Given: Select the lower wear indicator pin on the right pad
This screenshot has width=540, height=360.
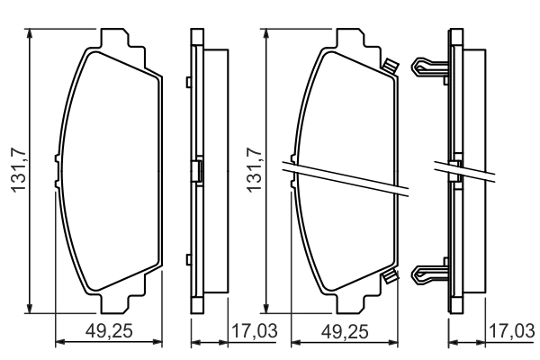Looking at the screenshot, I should [390, 276].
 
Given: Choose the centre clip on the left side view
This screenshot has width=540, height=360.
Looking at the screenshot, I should [197, 170].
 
